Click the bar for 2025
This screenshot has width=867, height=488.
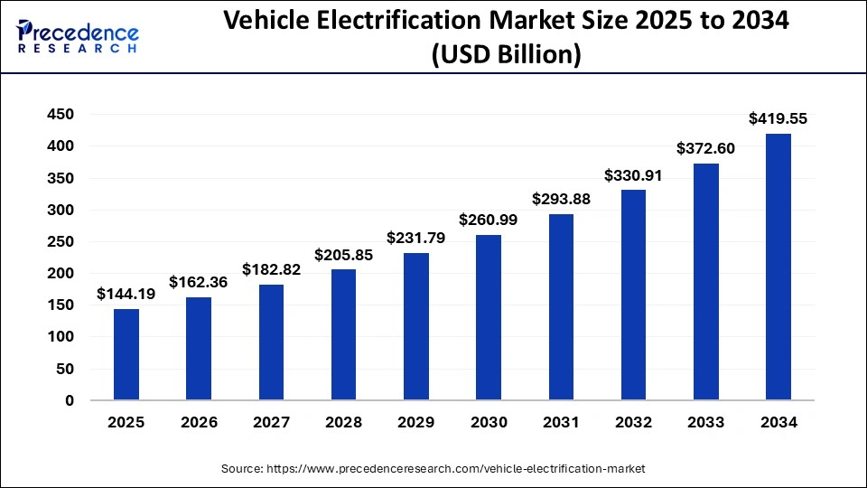(126, 354)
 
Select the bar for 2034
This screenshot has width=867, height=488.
(778, 267)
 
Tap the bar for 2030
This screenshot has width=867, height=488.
(489, 317)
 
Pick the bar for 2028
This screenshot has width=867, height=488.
(344, 334)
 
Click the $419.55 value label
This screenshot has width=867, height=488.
(778, 118)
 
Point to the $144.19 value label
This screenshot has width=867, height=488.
(126, 294)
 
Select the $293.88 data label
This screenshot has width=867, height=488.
(561, 199)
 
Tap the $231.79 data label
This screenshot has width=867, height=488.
(416, 238)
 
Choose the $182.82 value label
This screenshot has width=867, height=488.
(272, 269)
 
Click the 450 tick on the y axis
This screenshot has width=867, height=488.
(61, 115)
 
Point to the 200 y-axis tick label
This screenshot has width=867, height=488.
(61, 274)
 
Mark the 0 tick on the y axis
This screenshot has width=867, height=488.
(69, 400)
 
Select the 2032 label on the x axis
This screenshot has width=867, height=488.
(633, 422)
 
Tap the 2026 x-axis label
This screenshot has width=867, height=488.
(199, 422)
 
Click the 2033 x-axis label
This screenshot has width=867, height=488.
(705, 422)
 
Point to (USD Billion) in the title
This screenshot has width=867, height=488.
(506, 55)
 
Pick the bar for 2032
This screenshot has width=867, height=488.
(633, 295)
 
